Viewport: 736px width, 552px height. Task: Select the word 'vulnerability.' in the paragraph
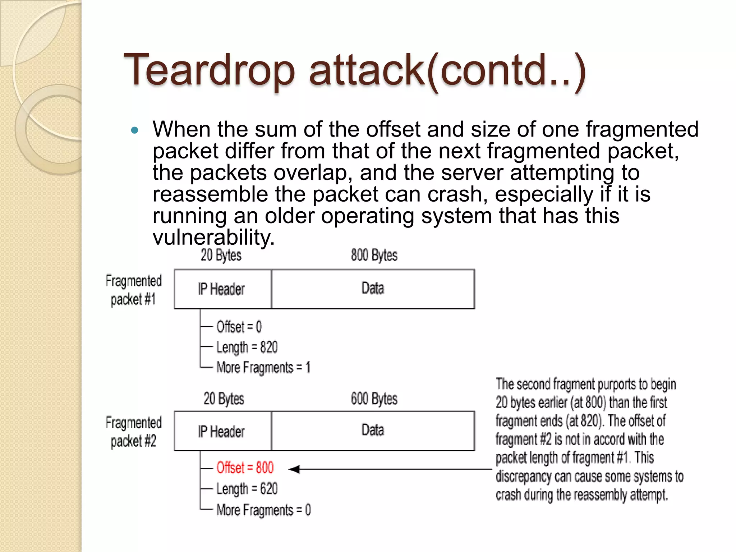213,238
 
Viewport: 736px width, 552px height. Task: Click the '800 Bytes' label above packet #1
374,255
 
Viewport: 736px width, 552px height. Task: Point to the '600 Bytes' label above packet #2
374,399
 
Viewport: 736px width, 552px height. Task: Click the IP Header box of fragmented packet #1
222,289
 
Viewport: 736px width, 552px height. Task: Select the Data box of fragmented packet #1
373,289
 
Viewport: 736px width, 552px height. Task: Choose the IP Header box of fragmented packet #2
222,431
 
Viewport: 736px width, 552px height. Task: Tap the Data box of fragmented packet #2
373,431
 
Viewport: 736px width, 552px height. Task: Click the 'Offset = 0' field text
239,327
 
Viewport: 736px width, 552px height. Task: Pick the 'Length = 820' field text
247,348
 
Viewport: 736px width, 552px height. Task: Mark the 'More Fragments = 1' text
263,368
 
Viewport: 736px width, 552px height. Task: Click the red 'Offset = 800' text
245,468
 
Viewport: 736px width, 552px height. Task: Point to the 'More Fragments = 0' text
263,510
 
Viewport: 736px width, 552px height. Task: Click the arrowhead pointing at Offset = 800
294,469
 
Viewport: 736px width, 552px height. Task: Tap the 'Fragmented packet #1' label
133,290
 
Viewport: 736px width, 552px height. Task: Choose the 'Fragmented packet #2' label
133,432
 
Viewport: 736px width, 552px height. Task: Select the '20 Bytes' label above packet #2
224,399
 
